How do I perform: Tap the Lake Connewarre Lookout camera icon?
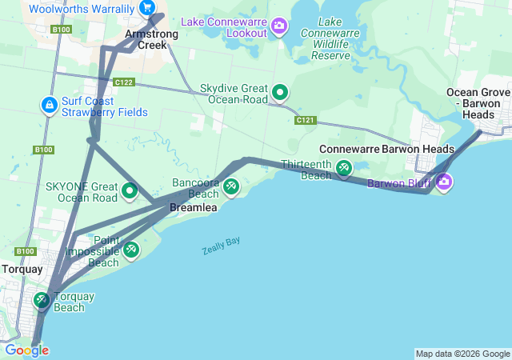tap(279, 26)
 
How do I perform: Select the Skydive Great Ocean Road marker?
tap(280, 93)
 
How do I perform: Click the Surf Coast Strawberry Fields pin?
tap(49, 105)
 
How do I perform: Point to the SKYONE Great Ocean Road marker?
tap(130, 191)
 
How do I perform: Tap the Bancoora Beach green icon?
tap(230, 187)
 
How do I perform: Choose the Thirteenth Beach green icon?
tap(343, 169)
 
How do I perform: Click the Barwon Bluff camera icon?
tap(443, 183)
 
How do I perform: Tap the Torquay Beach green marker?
tap(42, 301)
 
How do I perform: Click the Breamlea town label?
tap(193, 208)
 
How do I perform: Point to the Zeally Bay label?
tap(221, 246)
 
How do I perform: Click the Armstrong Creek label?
tap(146, 39)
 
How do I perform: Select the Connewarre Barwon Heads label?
tap(386, 150)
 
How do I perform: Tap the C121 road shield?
tap(304, 120)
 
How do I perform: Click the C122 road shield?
tap(123, 82)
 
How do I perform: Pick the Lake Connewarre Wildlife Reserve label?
tap(330, 38)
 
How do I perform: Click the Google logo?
tap(26, 350)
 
